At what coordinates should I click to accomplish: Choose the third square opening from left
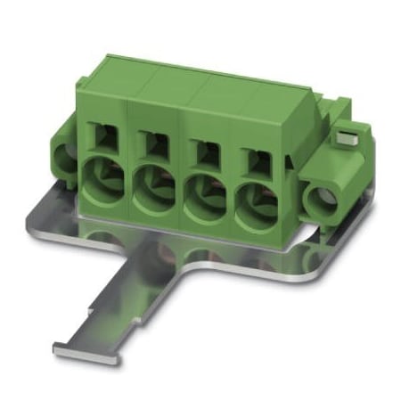[203, 149]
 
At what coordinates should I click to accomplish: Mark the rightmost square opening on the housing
[253, 160]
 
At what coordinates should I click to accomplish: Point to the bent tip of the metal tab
[71, 345]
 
